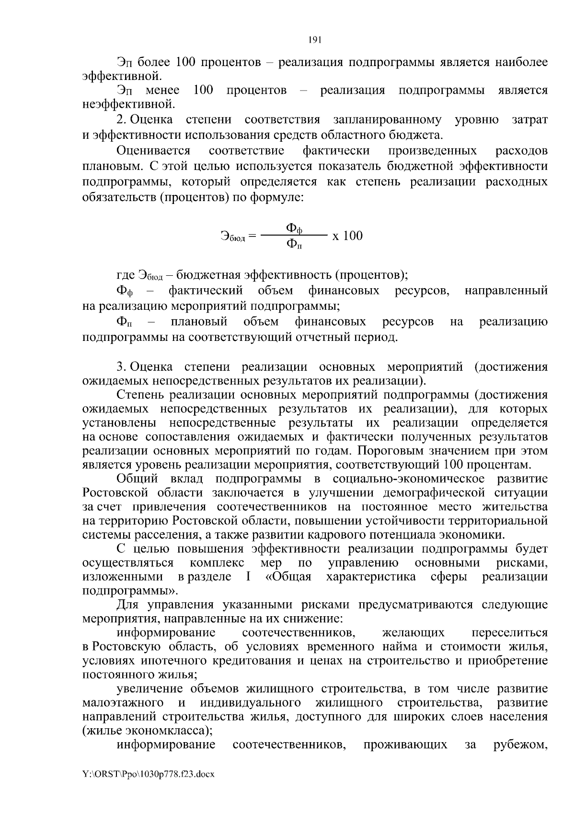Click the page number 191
click(314, 40)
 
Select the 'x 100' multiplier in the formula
click(347, 236)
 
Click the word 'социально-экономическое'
click(408, 479)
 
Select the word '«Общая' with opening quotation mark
click(288, 577)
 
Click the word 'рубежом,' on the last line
click(520, 745)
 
